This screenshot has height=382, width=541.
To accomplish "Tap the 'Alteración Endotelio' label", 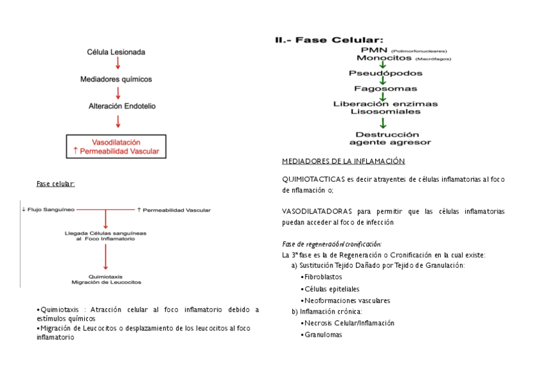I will click(x=117, y=106).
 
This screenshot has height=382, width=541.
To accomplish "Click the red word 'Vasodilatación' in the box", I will click(x=116, y=142).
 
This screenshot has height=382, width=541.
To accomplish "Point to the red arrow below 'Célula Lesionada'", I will click(x=117, y=65).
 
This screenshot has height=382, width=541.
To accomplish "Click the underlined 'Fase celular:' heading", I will click(x=56, y=184).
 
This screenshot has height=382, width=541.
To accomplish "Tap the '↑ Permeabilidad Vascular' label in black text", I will click(x=174, y=209).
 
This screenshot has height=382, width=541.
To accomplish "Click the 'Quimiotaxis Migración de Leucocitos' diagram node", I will click(x=107, y=279).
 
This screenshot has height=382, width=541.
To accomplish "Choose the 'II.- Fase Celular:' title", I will click(x=329, y=40).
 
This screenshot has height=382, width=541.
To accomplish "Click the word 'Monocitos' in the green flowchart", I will click(x=366, y=58).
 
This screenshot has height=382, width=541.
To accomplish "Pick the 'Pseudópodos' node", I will click(x=380, y=73).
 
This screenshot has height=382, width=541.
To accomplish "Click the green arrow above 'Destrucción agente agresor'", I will click(x=382, y=123).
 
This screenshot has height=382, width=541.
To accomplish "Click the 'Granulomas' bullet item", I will click(x=323, y=334).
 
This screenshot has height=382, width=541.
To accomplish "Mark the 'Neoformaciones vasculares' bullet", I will click(x=347, y=300).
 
